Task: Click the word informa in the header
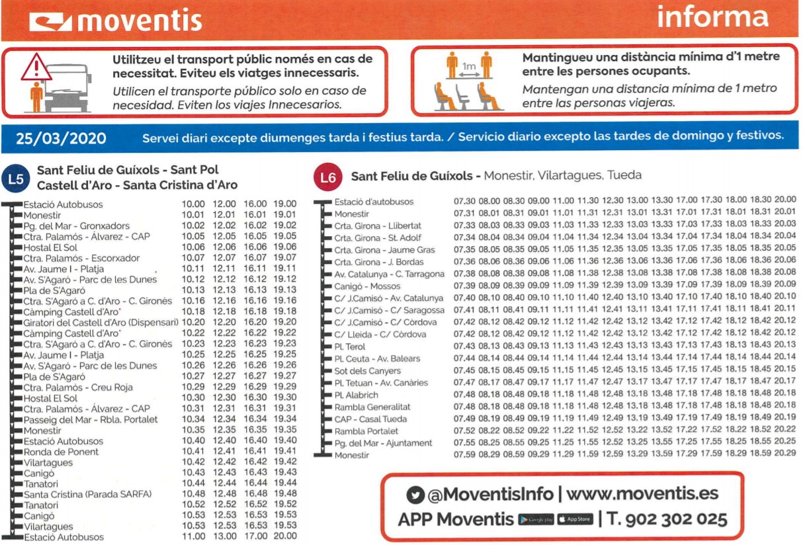click(712, 17)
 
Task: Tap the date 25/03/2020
click(61, 138)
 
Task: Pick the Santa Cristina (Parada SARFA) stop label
click(88, 494)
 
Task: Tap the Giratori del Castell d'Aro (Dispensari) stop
click(101, 322)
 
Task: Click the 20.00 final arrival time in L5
click(285, 536)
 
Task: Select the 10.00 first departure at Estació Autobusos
click(193, 204)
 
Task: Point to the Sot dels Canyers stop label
click(367, 370)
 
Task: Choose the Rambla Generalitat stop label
click(372, 407)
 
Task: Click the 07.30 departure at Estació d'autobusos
click(464, 201)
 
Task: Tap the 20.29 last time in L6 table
click(785, 455)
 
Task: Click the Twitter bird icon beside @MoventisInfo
click(415, 495)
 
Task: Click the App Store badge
click(574, 520)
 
